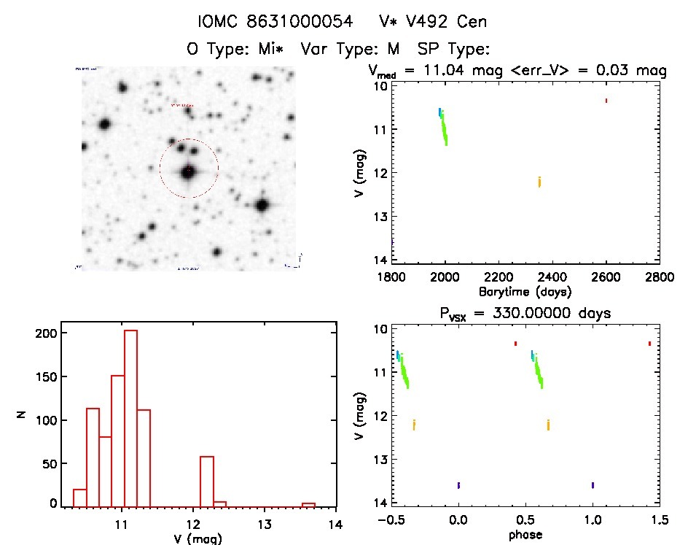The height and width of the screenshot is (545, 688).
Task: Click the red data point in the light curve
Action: [x=606, y=101]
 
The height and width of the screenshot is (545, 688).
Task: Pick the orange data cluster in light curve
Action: [x=539, y=182]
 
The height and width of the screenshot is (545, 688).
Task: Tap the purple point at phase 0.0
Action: [x=458, y=485]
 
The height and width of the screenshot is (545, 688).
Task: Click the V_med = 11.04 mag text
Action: [x=443, y=71]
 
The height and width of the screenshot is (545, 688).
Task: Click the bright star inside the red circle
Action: [x=189, y=172]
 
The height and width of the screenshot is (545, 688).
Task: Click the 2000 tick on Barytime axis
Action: [x=445, y=277]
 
